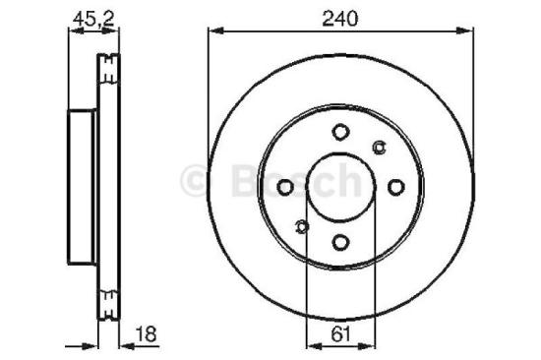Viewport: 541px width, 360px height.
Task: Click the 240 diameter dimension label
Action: click(x=339, y=17)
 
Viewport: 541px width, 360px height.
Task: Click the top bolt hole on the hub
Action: click(x=339, y=132)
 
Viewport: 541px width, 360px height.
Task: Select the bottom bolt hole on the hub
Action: click(x=339, y=243)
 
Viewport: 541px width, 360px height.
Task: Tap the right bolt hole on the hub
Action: click(x=395, y=187)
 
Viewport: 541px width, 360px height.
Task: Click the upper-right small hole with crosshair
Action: click(x=380, y=148)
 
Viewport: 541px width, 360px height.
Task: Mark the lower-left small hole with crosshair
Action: click(x=301, y=228)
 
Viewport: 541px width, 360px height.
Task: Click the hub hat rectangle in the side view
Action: click(x=82, y=187)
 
